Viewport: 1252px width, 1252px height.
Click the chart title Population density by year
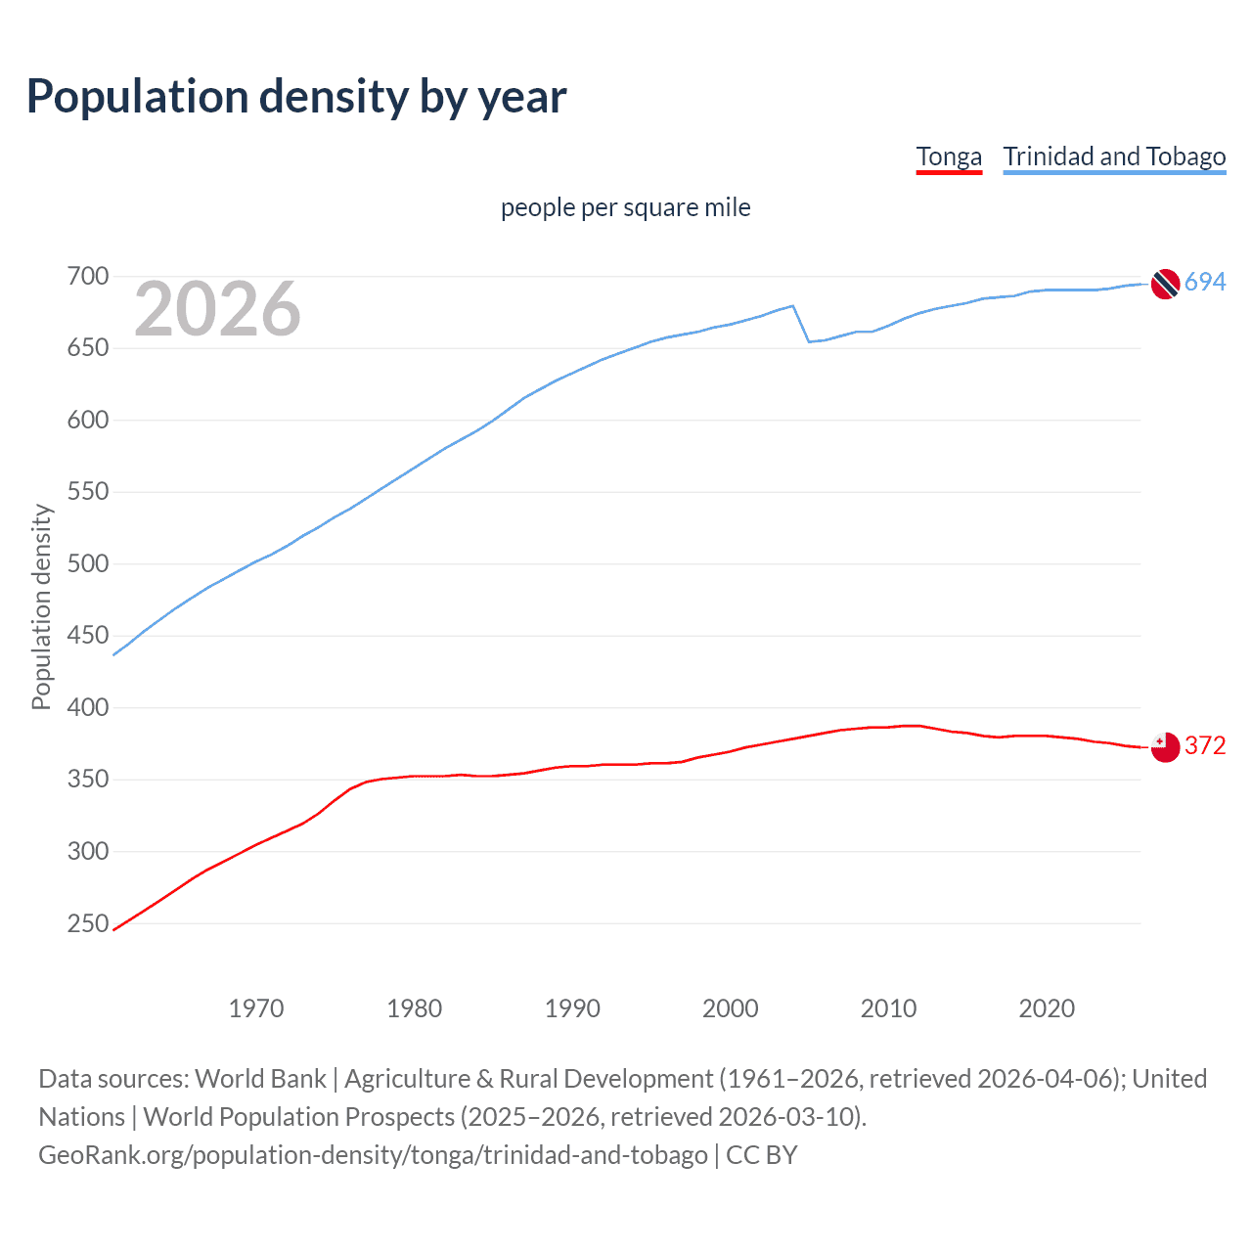pos(296,97)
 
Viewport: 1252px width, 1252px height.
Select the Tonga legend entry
pos(948,156)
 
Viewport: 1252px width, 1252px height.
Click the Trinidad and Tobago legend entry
pos(1114,156)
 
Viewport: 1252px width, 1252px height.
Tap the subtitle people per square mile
pos(625,207)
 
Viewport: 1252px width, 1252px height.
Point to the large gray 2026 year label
pos(217,309)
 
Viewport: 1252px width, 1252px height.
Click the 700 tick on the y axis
pos(87,277)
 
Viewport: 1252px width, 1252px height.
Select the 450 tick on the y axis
pos(87,636)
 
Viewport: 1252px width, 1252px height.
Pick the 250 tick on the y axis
pos(87,923)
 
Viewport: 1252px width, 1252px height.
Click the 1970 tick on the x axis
pos(256,1008)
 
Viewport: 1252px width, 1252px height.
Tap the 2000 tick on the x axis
pos(730,1008)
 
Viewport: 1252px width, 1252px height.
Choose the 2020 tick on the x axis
pos(1047,1008)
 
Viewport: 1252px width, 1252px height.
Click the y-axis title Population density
pos(41,606)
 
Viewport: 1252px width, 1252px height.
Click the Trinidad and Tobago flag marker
pos(1165,284)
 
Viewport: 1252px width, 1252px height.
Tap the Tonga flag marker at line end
pos(1165,747)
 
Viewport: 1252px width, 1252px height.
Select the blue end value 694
pos(1205,283)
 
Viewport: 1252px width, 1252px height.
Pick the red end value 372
pos(1205,746)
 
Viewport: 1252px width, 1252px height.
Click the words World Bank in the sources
pos(260,1079)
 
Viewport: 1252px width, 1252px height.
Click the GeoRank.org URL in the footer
pos(373,1155)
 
